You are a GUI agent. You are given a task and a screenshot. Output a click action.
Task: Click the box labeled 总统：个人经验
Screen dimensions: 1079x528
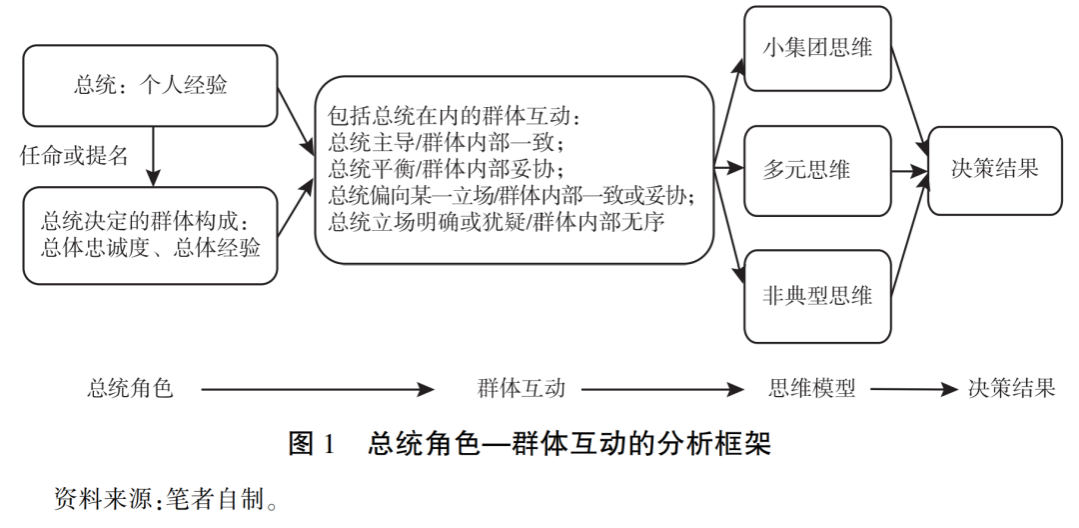pos(150,86)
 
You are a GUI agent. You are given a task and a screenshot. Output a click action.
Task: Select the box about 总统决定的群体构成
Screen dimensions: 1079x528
pos(150,235)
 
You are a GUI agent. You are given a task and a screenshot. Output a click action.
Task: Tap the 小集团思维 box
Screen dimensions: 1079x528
pos(817,48)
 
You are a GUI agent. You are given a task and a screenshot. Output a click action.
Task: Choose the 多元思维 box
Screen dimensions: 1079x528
pos(817,170)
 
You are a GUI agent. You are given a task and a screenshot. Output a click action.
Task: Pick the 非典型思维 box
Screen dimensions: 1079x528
pos(817,296)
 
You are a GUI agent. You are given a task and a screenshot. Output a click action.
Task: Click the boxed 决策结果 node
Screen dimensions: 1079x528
pos(994,170)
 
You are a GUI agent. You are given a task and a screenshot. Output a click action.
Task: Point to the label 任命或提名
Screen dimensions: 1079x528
pos(74,156)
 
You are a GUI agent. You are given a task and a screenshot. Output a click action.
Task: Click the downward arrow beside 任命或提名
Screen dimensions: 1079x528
pos(153,157)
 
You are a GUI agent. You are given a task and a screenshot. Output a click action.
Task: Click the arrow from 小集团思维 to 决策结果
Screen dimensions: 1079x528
pos(910,103)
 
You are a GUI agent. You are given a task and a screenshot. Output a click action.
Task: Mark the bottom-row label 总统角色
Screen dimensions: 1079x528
pos(130,389)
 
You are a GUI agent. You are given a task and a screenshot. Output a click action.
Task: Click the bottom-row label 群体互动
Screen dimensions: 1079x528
pos(521,389)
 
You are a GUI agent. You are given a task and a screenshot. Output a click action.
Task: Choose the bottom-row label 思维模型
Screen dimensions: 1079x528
pos(811,389)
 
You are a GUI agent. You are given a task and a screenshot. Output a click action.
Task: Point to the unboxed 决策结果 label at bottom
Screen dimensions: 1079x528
pos(1011,389)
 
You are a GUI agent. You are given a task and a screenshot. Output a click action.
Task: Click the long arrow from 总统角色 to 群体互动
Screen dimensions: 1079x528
pos(318,390)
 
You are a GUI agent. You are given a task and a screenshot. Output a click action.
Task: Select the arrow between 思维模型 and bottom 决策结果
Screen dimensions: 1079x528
pos(914,390)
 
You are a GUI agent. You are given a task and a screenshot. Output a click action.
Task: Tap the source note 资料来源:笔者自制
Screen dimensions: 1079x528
pos(167,499)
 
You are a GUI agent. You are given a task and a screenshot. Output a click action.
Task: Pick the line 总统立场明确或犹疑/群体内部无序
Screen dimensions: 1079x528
pos(497,222)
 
